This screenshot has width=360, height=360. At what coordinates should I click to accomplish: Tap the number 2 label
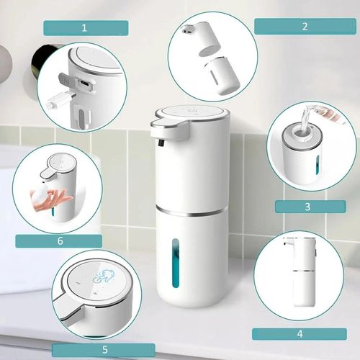(x=305, y=27)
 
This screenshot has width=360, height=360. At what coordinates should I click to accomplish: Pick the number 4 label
(x=300, y=334)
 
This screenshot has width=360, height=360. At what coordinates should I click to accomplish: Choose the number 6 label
(x=59, y=241)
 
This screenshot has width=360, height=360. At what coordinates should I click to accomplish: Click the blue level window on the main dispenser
(x=176, y=264)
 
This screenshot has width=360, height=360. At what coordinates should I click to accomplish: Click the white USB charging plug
(x=61, y=100)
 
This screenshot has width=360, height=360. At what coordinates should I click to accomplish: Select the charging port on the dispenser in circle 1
(x=84, y=84)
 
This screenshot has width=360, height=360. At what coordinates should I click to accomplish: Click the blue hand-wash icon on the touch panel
(x=104, y=276)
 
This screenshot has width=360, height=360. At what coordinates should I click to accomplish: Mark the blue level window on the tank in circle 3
(x=318, y=165)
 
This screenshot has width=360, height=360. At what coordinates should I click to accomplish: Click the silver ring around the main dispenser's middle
(x=192, y=210)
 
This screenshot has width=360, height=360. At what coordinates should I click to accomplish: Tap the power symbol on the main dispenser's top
(x=192, y=111)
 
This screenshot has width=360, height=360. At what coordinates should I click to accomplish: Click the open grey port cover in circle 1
(x=66, y=81)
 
